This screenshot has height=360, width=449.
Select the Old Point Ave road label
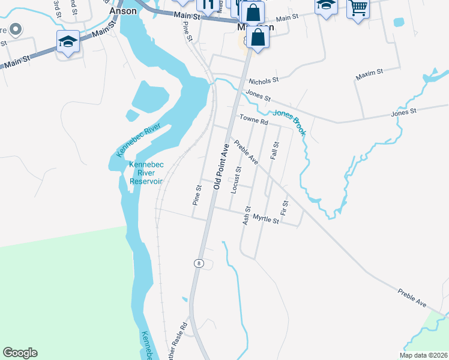pyautogui.click(x=223, y=166)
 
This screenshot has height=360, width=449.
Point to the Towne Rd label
pyautogui.click(x=253, y=121)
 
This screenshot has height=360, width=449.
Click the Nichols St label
pyautogui.click(x=264, y=79)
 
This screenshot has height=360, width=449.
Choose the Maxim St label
pyautogui.click(x=369, y=73)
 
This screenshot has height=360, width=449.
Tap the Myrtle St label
pyautogui.click(x=266, y=220)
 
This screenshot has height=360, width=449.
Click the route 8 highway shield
pyautogui.click(x=198, y=263)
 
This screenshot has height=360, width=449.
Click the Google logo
pyautogui.click(x=20, y=353)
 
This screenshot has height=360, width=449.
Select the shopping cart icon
pyautogui.click(x=358, y=8)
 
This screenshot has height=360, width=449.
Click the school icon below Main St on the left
pyautogui.click(x=68, y=42)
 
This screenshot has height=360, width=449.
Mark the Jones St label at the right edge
pyautogui.click(x=403, y=112)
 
